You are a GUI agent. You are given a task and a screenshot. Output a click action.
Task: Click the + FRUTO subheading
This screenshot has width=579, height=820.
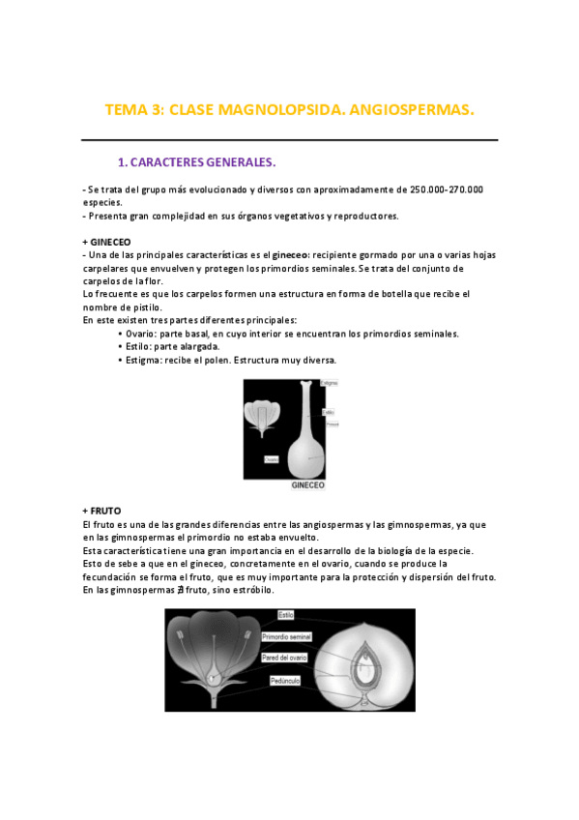click(102, 510)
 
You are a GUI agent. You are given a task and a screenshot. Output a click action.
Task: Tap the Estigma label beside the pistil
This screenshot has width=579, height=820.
click(329, 384)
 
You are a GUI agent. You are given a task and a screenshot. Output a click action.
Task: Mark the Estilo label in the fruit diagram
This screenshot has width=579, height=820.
click(287, 615)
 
